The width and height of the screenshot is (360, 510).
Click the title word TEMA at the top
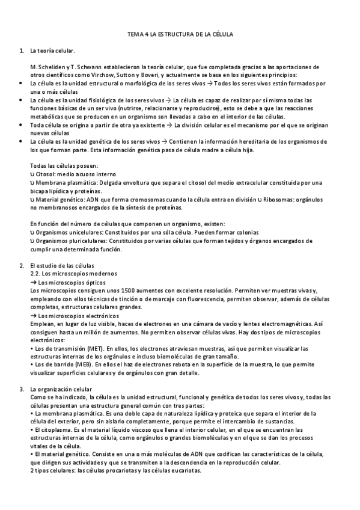(136, 35)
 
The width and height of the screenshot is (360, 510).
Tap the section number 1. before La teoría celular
(22, 51)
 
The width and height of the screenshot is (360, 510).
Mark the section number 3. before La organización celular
(22, 389)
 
